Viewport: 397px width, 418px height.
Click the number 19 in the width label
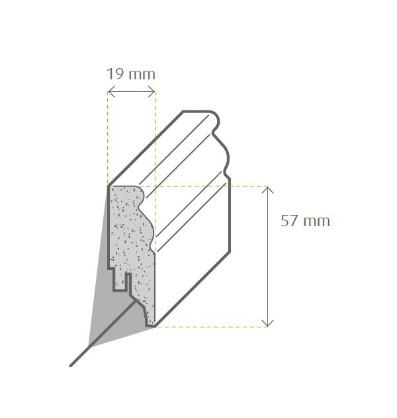[115, 73]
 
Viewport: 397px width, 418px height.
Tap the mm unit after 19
[142, 73]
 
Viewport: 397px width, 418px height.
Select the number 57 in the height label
[290, 221]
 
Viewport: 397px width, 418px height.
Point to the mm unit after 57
[316, 221]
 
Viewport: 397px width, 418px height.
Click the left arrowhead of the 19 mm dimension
[110, 92]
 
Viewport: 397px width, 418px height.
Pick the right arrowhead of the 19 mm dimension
[154, 92]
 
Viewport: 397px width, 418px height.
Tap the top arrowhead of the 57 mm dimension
[267, 189]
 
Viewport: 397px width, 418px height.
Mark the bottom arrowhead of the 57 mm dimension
[267, 323]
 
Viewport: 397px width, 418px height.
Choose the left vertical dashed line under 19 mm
[108, 139]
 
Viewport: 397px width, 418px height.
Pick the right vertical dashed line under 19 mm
[155, 139]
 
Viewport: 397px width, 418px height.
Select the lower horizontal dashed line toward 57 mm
[212, 327]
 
